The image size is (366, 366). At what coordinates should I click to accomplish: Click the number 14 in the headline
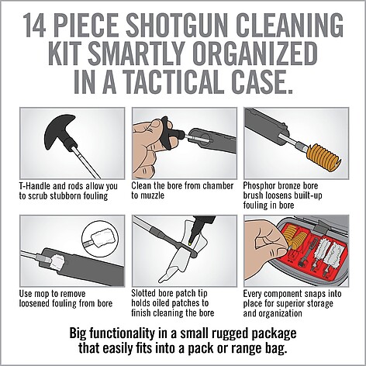[34, 26]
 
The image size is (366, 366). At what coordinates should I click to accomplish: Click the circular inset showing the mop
[101, 239]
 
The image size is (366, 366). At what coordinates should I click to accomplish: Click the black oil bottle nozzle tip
[192, 238]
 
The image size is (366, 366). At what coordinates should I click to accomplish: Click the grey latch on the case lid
[322, 226]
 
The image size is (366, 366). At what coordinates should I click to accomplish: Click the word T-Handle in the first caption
[34, 186]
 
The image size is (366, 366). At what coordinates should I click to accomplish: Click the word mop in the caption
[43, 294]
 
